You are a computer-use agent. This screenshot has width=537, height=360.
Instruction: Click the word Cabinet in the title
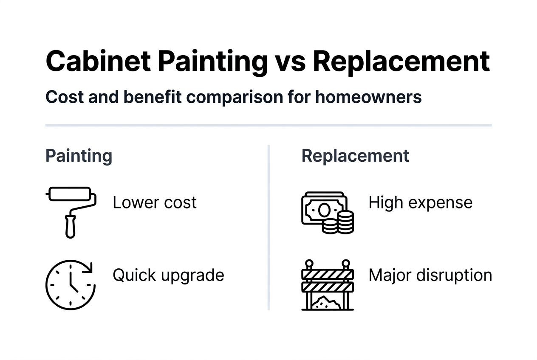pos(98,61)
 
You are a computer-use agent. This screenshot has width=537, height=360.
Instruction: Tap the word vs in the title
pos(290,61)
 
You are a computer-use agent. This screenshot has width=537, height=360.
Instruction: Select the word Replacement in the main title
pos(401,61)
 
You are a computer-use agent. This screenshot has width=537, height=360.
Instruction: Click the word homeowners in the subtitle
pos(368,97)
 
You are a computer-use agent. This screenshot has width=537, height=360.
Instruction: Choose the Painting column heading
pos(79,156)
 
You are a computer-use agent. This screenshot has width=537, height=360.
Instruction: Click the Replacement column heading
pos(355,156)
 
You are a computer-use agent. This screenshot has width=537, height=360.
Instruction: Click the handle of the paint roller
pos(70,227)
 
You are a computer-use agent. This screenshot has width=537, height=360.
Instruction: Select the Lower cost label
pos(155,203)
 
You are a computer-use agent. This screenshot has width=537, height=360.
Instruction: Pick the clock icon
pos(71,284)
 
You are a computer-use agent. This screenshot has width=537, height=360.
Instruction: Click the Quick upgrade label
pos(168,276)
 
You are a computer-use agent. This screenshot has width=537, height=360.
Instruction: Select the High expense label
pos(420,203)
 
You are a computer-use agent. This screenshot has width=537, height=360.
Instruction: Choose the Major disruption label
pos(430,276)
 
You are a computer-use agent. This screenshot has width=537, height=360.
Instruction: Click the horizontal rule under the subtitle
pos(268,125)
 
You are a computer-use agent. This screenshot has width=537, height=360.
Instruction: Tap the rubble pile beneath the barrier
pos(327,302)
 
